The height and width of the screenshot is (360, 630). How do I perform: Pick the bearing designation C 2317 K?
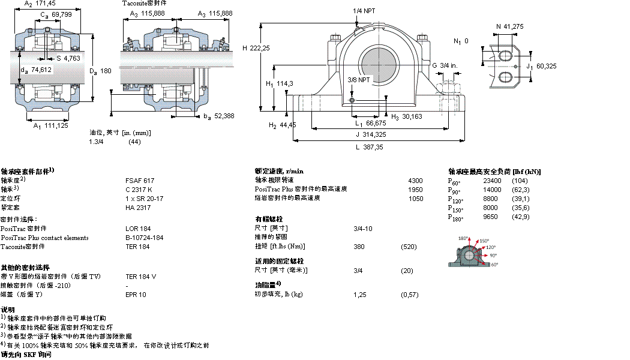139,189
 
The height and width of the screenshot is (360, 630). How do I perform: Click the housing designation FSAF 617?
139,180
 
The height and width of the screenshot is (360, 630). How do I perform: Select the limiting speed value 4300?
415,180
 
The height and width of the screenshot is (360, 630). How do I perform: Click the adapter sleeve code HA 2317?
138,208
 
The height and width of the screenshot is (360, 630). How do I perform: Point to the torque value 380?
359,247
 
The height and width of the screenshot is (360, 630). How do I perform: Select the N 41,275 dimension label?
510,26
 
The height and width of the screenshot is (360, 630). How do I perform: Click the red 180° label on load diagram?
463,239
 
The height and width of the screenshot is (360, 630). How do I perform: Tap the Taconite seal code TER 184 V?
140,277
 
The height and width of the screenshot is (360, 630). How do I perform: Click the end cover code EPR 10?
136,295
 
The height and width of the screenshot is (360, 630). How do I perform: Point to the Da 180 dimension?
101,71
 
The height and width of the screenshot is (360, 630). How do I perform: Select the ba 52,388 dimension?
218,116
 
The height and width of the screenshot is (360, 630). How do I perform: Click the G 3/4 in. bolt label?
445,65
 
